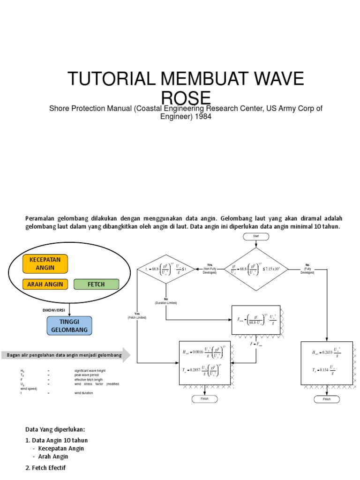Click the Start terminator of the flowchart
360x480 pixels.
pos(255,236)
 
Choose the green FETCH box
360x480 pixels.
pos(96,284)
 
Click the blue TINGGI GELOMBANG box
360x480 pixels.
pos(69,325)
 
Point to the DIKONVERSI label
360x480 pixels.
pos(53,310)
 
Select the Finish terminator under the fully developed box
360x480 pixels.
pos(327,399)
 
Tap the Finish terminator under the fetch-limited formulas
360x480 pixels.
pos(204,399)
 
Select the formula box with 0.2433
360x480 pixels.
pos(327,363)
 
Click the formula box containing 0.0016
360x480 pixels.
pos(205,363)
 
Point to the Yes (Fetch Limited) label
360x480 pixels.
pos(137,315)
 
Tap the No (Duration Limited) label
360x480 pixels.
pos(166,300)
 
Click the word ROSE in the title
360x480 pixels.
pos(186,99)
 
